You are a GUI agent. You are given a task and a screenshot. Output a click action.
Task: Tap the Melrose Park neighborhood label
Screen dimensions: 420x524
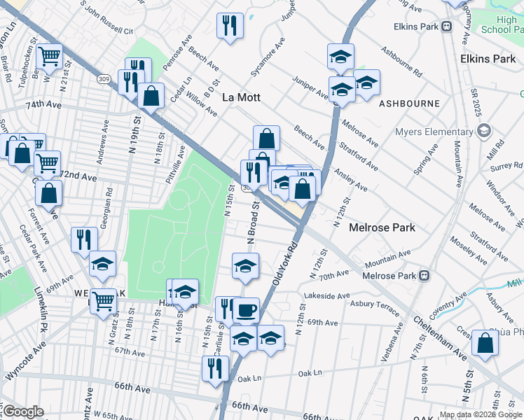click(382, 227)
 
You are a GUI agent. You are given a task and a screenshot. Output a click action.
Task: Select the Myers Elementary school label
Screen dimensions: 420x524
click(433, 132)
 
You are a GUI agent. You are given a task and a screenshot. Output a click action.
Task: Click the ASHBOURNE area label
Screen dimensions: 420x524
click(409, 103)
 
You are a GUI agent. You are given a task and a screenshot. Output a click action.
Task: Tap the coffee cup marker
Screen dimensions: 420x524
click(246, 310)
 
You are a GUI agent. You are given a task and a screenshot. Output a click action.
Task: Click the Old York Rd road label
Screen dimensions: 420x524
click(285, 263)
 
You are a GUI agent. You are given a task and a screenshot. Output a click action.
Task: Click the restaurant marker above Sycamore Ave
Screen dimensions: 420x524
click(230, 27)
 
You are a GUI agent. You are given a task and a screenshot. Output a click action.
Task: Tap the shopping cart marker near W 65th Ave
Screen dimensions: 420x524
click(103, 302)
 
